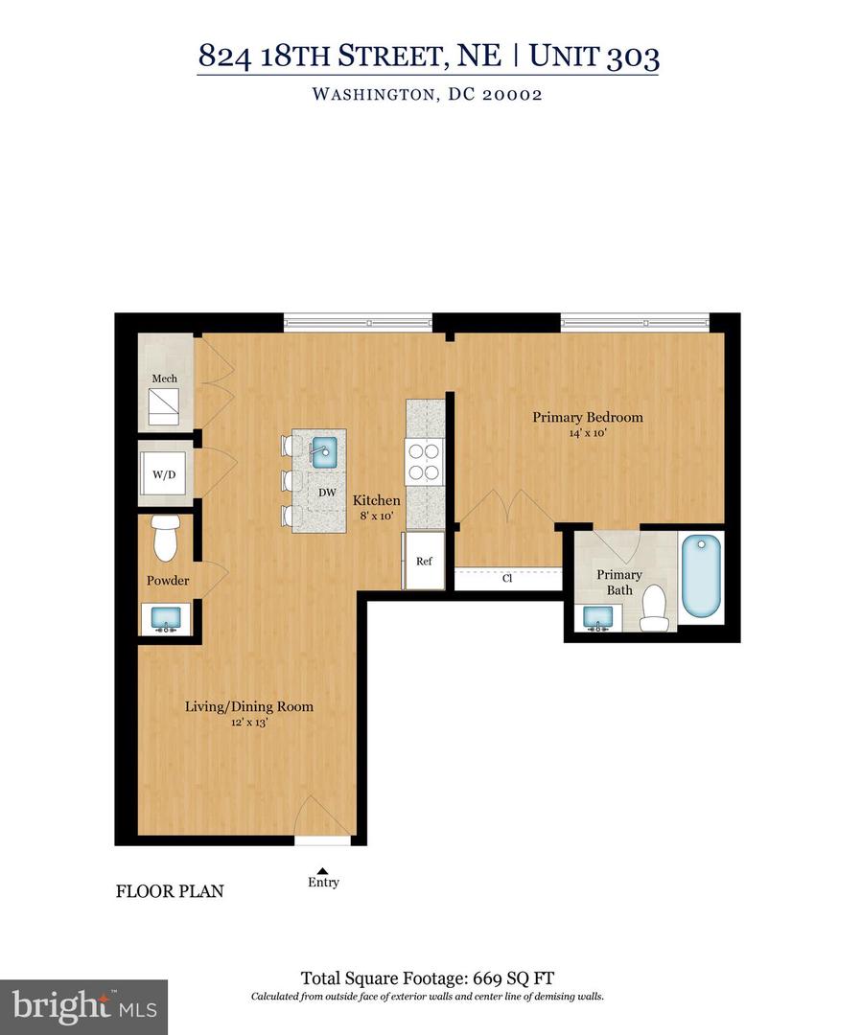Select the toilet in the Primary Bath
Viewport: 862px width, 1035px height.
tap(655, 609)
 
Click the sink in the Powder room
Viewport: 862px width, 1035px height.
tap(167, 618)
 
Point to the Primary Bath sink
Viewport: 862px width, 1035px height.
tap(598, 619)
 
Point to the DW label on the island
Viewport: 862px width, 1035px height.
tap(326, 492)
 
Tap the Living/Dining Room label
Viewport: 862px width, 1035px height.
tap(249, 707)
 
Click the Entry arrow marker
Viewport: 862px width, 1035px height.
tap(323, 869)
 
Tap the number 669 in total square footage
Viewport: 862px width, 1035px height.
tap(489, 978)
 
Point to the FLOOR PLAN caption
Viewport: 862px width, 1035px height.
tap(170, 891)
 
